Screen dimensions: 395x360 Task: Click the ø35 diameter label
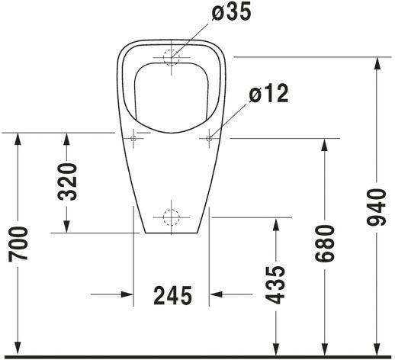(231, 12)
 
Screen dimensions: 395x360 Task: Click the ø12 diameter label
(268, 94)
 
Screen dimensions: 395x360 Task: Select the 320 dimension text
(67, 182)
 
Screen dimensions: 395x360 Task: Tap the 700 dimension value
(18, 244)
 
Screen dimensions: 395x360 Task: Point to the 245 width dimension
(172, 295)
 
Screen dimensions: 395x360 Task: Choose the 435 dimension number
(275, 285)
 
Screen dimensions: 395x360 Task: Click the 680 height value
(324, 243)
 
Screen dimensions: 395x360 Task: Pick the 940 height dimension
(376, 207)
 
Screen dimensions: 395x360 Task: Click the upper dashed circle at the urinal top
(172, 57)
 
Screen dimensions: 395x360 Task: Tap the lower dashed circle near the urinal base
(172, 217)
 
